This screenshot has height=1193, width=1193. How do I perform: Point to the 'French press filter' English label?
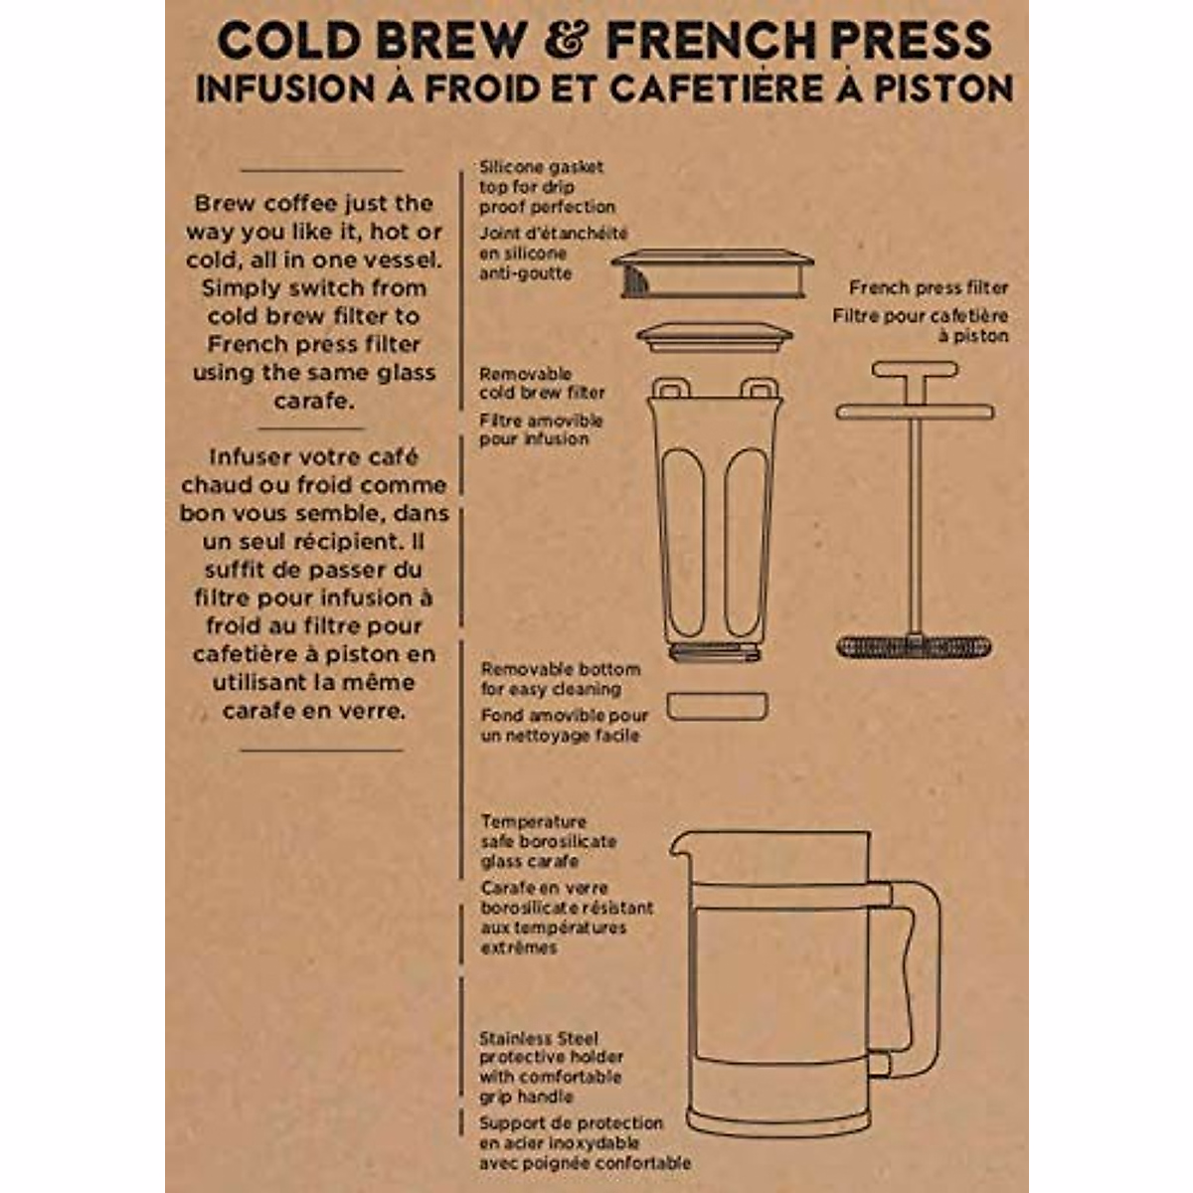coord(929,287)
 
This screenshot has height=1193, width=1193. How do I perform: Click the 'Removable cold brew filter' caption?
coord(542,383)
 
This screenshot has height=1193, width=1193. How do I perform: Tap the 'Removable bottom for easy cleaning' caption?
coord(561,679)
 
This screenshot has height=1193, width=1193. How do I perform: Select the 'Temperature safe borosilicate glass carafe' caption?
coord(548,841)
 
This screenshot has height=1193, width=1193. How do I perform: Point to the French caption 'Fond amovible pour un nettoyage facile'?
coord(564,726)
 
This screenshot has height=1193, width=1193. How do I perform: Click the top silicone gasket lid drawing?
coord(712,273)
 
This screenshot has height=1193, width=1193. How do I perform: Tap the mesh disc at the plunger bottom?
coord(914,647)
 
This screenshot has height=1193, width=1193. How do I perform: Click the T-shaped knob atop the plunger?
coord(915,370)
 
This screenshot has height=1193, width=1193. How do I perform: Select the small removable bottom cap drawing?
coord(716,706)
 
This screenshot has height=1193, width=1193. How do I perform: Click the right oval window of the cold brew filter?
coord(745,542)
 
